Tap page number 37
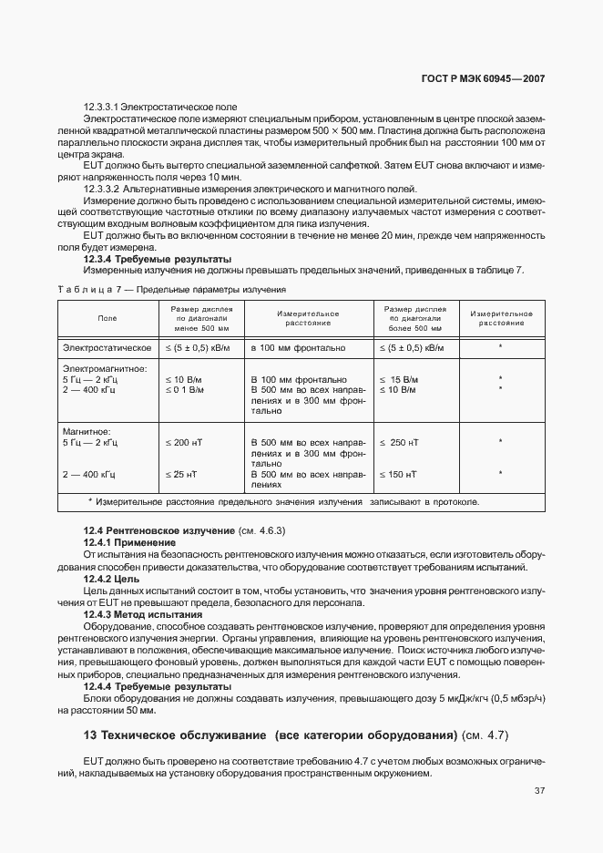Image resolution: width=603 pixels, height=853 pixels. coord(539,790)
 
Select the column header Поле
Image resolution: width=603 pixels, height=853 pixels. coord(107,318)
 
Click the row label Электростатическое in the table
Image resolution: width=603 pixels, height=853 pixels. coord(107,348)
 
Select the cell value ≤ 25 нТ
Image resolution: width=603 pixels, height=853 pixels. coord(180,475)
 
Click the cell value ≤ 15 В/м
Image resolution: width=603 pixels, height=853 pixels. coord(399,379)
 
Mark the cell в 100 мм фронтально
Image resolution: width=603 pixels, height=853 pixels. coord(298,348)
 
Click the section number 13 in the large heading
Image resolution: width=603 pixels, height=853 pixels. coord(89,735)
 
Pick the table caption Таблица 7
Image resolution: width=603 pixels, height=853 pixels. coord(87,290)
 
